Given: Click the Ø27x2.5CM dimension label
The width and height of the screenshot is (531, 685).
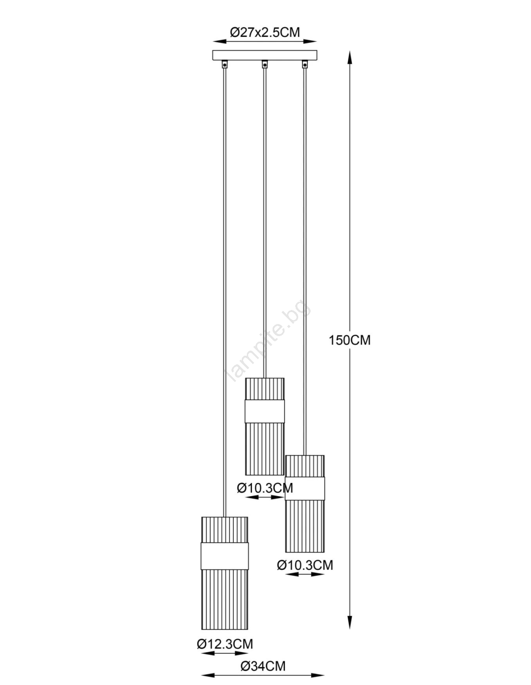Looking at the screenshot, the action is click(265, 32).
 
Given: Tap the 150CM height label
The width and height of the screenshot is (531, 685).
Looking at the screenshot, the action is click(350, 340).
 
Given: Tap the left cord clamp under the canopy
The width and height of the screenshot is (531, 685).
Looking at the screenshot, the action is click(225, 64).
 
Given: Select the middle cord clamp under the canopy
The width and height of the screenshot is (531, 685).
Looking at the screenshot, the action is click(264, 64).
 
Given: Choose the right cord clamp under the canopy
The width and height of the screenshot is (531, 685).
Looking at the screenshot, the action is click(305, 64).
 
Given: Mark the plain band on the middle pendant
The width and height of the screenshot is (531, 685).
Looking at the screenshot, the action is click(264, 411).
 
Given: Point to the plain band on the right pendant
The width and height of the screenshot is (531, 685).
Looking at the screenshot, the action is click(305, 488).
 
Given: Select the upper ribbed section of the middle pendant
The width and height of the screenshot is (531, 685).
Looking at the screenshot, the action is click(264, 389).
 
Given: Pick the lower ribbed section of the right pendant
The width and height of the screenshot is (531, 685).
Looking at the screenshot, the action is click(305, 526).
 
